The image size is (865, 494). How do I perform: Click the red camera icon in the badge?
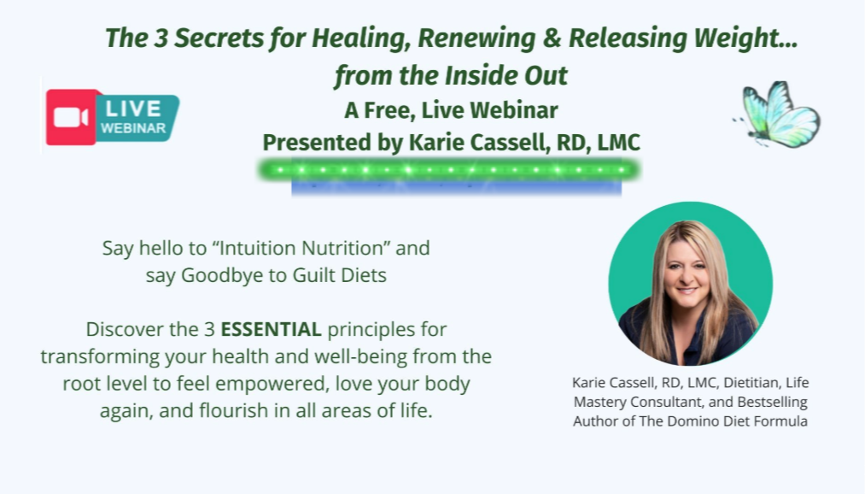71,117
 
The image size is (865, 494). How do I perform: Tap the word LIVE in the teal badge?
133,109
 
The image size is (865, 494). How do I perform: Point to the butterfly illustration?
777,115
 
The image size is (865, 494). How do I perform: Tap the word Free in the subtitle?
388,110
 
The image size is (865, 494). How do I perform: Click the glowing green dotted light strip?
449,169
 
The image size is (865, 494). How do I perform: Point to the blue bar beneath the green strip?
456,188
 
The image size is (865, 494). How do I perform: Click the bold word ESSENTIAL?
271,329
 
